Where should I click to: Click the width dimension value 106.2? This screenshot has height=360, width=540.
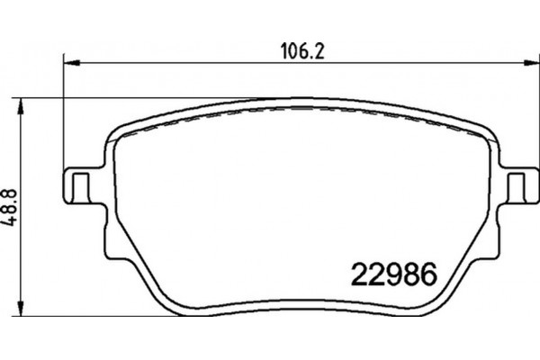(297, 52)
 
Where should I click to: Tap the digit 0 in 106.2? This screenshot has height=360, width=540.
(290, 52)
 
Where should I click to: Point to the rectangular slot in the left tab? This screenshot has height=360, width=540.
(79, 187)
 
